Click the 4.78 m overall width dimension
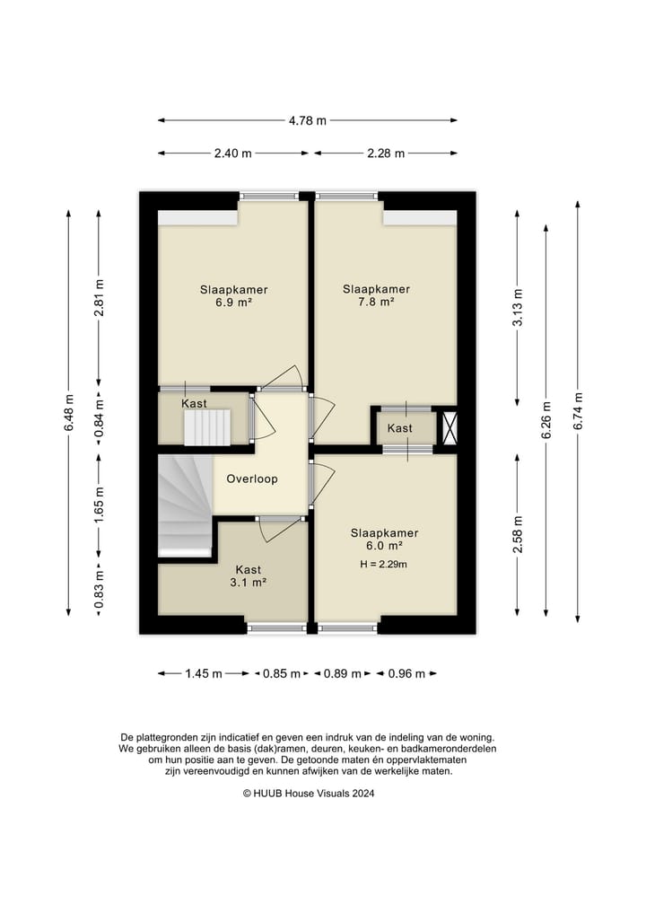click(x=308, y=120)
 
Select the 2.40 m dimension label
click(x=232, y=154)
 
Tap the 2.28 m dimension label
click(x=385, y=154)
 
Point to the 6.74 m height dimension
click(x=577, y=411)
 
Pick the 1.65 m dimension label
click(x=99, y=505)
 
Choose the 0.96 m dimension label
click(x=406, y=673)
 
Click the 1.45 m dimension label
click(x=204, y=673)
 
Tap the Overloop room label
click(x=252, y=479)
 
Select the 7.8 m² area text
click(x=377, y=303)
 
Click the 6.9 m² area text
click(x=233, y=303)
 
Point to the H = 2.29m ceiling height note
click(x=383, y=564)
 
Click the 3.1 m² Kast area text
click(x=248, y=583)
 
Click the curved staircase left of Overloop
click(x=185, y=505)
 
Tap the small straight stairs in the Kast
click(x=208, y=427)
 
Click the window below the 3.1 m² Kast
click(x=276, y=628)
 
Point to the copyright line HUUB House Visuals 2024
click(x=309, y=793)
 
